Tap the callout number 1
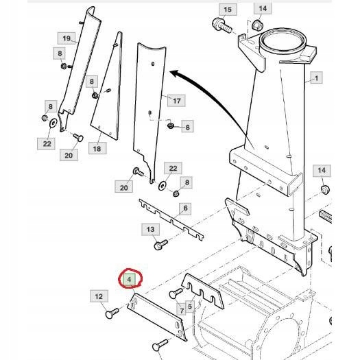pos(316,79)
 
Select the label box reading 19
pos(67,38)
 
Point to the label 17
pos(176,101)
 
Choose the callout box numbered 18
pos(97,148)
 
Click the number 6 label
pos(186,208)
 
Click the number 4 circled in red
pos(128,280)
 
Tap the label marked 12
pos(99,296)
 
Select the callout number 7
pos(182,311)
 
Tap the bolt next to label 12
pos(110,313)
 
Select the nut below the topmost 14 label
pos(258,25)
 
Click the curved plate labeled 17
pos(151,103)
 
